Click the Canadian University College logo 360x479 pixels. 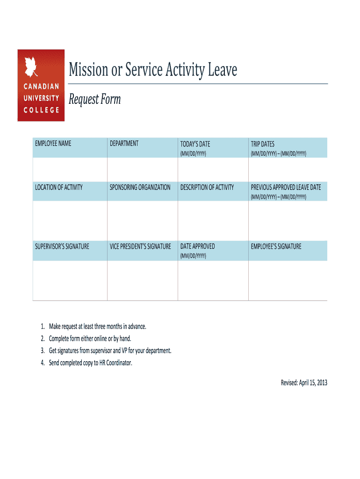point(41,85)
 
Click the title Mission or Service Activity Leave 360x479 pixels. point(153,70)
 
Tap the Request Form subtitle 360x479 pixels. point(94,100)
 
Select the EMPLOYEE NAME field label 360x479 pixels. point(53,144)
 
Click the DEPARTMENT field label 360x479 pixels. point(124,144)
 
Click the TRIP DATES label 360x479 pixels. point(262,144)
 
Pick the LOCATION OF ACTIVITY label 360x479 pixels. point(58,187)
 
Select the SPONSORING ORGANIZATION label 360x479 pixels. point(140,187)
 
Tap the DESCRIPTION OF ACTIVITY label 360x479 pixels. point(207,187)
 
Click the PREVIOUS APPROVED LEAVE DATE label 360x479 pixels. point(286,187)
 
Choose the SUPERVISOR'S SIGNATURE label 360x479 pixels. point(62,246)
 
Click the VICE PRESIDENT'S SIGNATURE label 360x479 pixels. point(140,246)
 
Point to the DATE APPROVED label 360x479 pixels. point(197,246)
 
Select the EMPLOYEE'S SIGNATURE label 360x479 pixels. point(276,246)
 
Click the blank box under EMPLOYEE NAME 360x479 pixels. point(70,169)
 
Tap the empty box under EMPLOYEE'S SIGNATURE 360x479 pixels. point(288,280)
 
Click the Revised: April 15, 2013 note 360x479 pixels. point(303,383)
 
